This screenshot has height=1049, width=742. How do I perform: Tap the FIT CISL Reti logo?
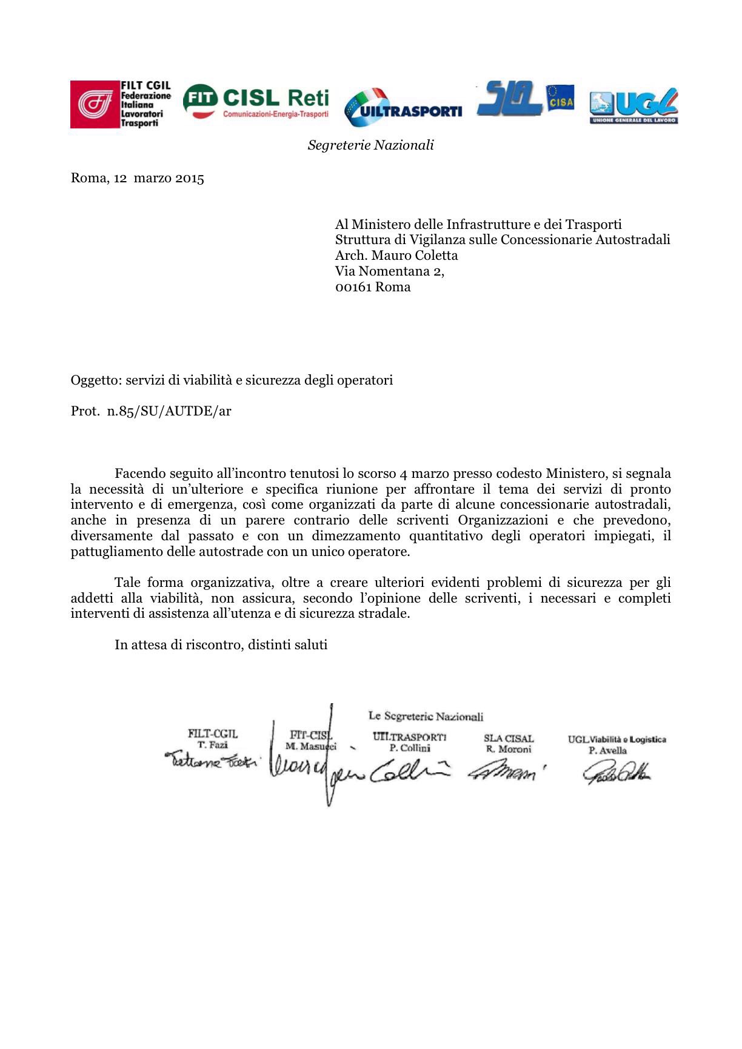coord(256,103)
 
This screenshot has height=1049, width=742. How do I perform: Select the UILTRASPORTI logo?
coord(403,107)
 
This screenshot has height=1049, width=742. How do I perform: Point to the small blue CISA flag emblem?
coord(560,98)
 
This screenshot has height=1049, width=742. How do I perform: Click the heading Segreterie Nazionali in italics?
coord(370,145)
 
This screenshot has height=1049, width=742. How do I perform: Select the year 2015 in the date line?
coord(190,178)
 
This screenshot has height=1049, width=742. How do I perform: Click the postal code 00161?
coord(353,287)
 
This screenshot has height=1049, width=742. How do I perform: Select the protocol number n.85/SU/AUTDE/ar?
coord(169,411)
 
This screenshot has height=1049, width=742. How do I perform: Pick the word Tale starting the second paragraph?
coord(127,583)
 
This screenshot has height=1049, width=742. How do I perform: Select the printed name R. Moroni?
coord(509,749)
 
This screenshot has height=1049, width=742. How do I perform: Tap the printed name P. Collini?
coord(410,748)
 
